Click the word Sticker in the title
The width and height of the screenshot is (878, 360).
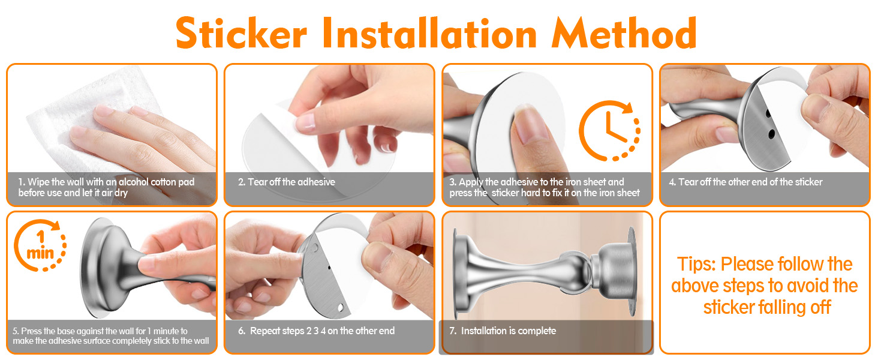(242, 33)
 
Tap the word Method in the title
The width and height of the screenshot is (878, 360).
(624, 33)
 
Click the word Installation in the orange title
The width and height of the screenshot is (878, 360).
(429, 33)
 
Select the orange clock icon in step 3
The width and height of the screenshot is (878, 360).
(609, 131)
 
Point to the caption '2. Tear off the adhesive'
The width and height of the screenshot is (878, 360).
(287, 182)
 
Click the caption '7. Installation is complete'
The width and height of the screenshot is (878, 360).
(503, 331)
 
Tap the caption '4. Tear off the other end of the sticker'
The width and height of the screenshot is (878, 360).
(745, 182)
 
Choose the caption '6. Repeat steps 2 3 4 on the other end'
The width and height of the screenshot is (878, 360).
(316, 331)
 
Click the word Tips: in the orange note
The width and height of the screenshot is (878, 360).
(696, 265)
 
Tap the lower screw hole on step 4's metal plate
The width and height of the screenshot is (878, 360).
(771, 134)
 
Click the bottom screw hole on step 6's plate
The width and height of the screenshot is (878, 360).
(341, 307)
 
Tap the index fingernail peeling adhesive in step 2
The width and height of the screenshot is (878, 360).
(305, 123)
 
